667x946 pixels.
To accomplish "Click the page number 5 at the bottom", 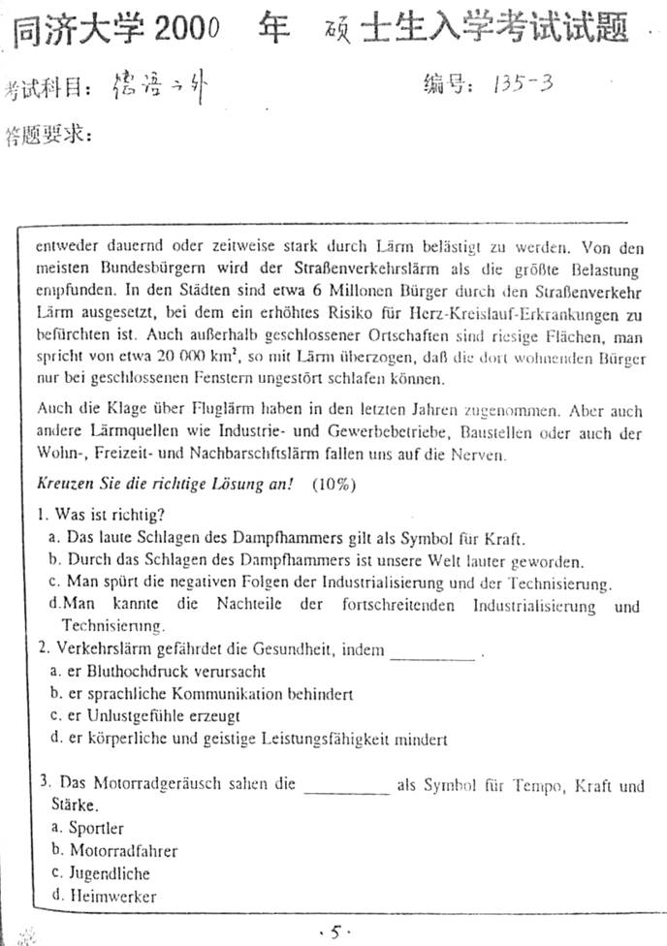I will tap(333, 932).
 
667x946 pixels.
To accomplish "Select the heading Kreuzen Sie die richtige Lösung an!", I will tap(165, 484).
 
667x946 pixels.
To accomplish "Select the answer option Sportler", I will tap(95, 828).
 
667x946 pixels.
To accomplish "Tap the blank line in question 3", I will tap(346, 791).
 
